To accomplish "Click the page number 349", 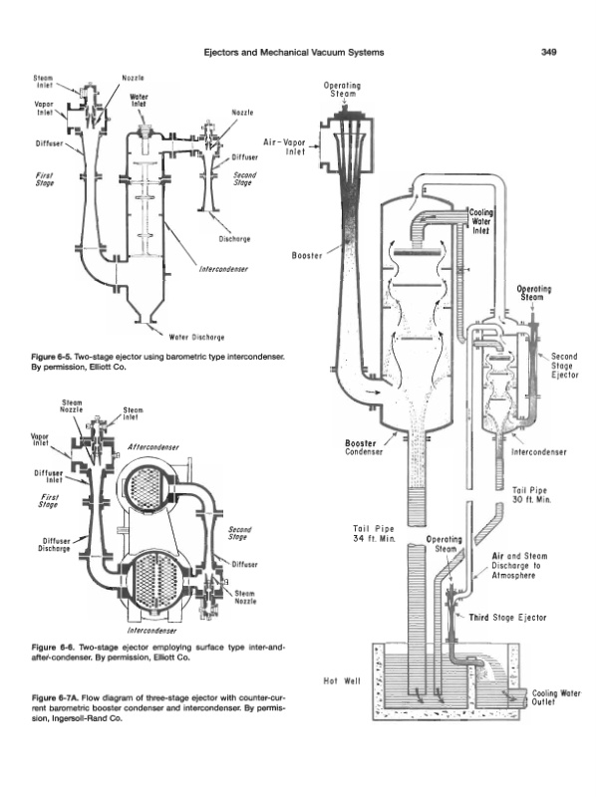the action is point(549,52).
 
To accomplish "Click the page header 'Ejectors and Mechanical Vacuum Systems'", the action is point(293,52).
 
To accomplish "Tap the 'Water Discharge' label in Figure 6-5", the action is point(196,337).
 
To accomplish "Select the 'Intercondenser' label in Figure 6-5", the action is point(223,269).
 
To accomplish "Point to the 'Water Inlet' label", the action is point(139,101).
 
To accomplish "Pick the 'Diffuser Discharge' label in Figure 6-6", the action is point(56,545).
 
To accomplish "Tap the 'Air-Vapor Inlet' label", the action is point(284,146).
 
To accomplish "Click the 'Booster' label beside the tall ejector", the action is point(307,255).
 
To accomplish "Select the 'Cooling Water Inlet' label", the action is point(480,221).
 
